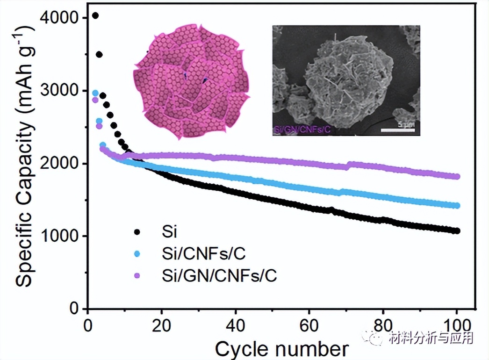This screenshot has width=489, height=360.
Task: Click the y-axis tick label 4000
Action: pos(63,18)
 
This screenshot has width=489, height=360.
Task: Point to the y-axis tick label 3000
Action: pos(63,91)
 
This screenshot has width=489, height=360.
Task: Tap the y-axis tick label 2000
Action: pos(63,164)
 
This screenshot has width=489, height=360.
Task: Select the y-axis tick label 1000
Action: pos(63,236)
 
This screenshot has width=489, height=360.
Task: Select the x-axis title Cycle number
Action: pos(281,348)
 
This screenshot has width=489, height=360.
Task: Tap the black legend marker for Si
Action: pos(137,231)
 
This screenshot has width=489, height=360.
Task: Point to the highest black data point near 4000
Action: pos(95,15)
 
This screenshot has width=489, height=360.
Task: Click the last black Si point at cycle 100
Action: pos(457,230)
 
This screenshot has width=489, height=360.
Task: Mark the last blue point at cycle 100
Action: pos(457,205)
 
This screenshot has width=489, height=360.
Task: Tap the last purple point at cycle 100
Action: pos(457,176)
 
